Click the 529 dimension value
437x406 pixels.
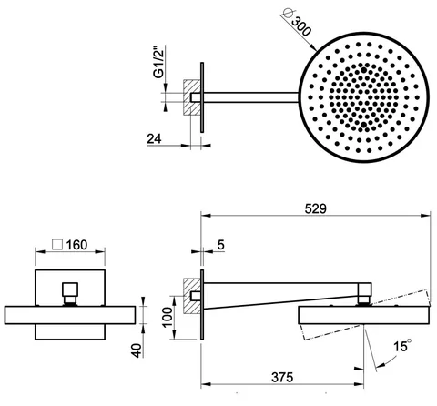(x=316, y=208)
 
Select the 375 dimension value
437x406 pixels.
(x=282, y=378)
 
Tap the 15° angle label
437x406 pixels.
(x=402, y=346)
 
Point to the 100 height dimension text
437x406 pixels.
(x=168, y=317)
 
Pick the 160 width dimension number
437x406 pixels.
(x=76, y=245)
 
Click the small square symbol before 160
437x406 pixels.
(x=57, y=245)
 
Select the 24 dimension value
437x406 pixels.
(x=154, y=138)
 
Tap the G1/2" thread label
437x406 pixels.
(x=158, y=62)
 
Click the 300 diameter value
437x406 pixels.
(x=300, y=26)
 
